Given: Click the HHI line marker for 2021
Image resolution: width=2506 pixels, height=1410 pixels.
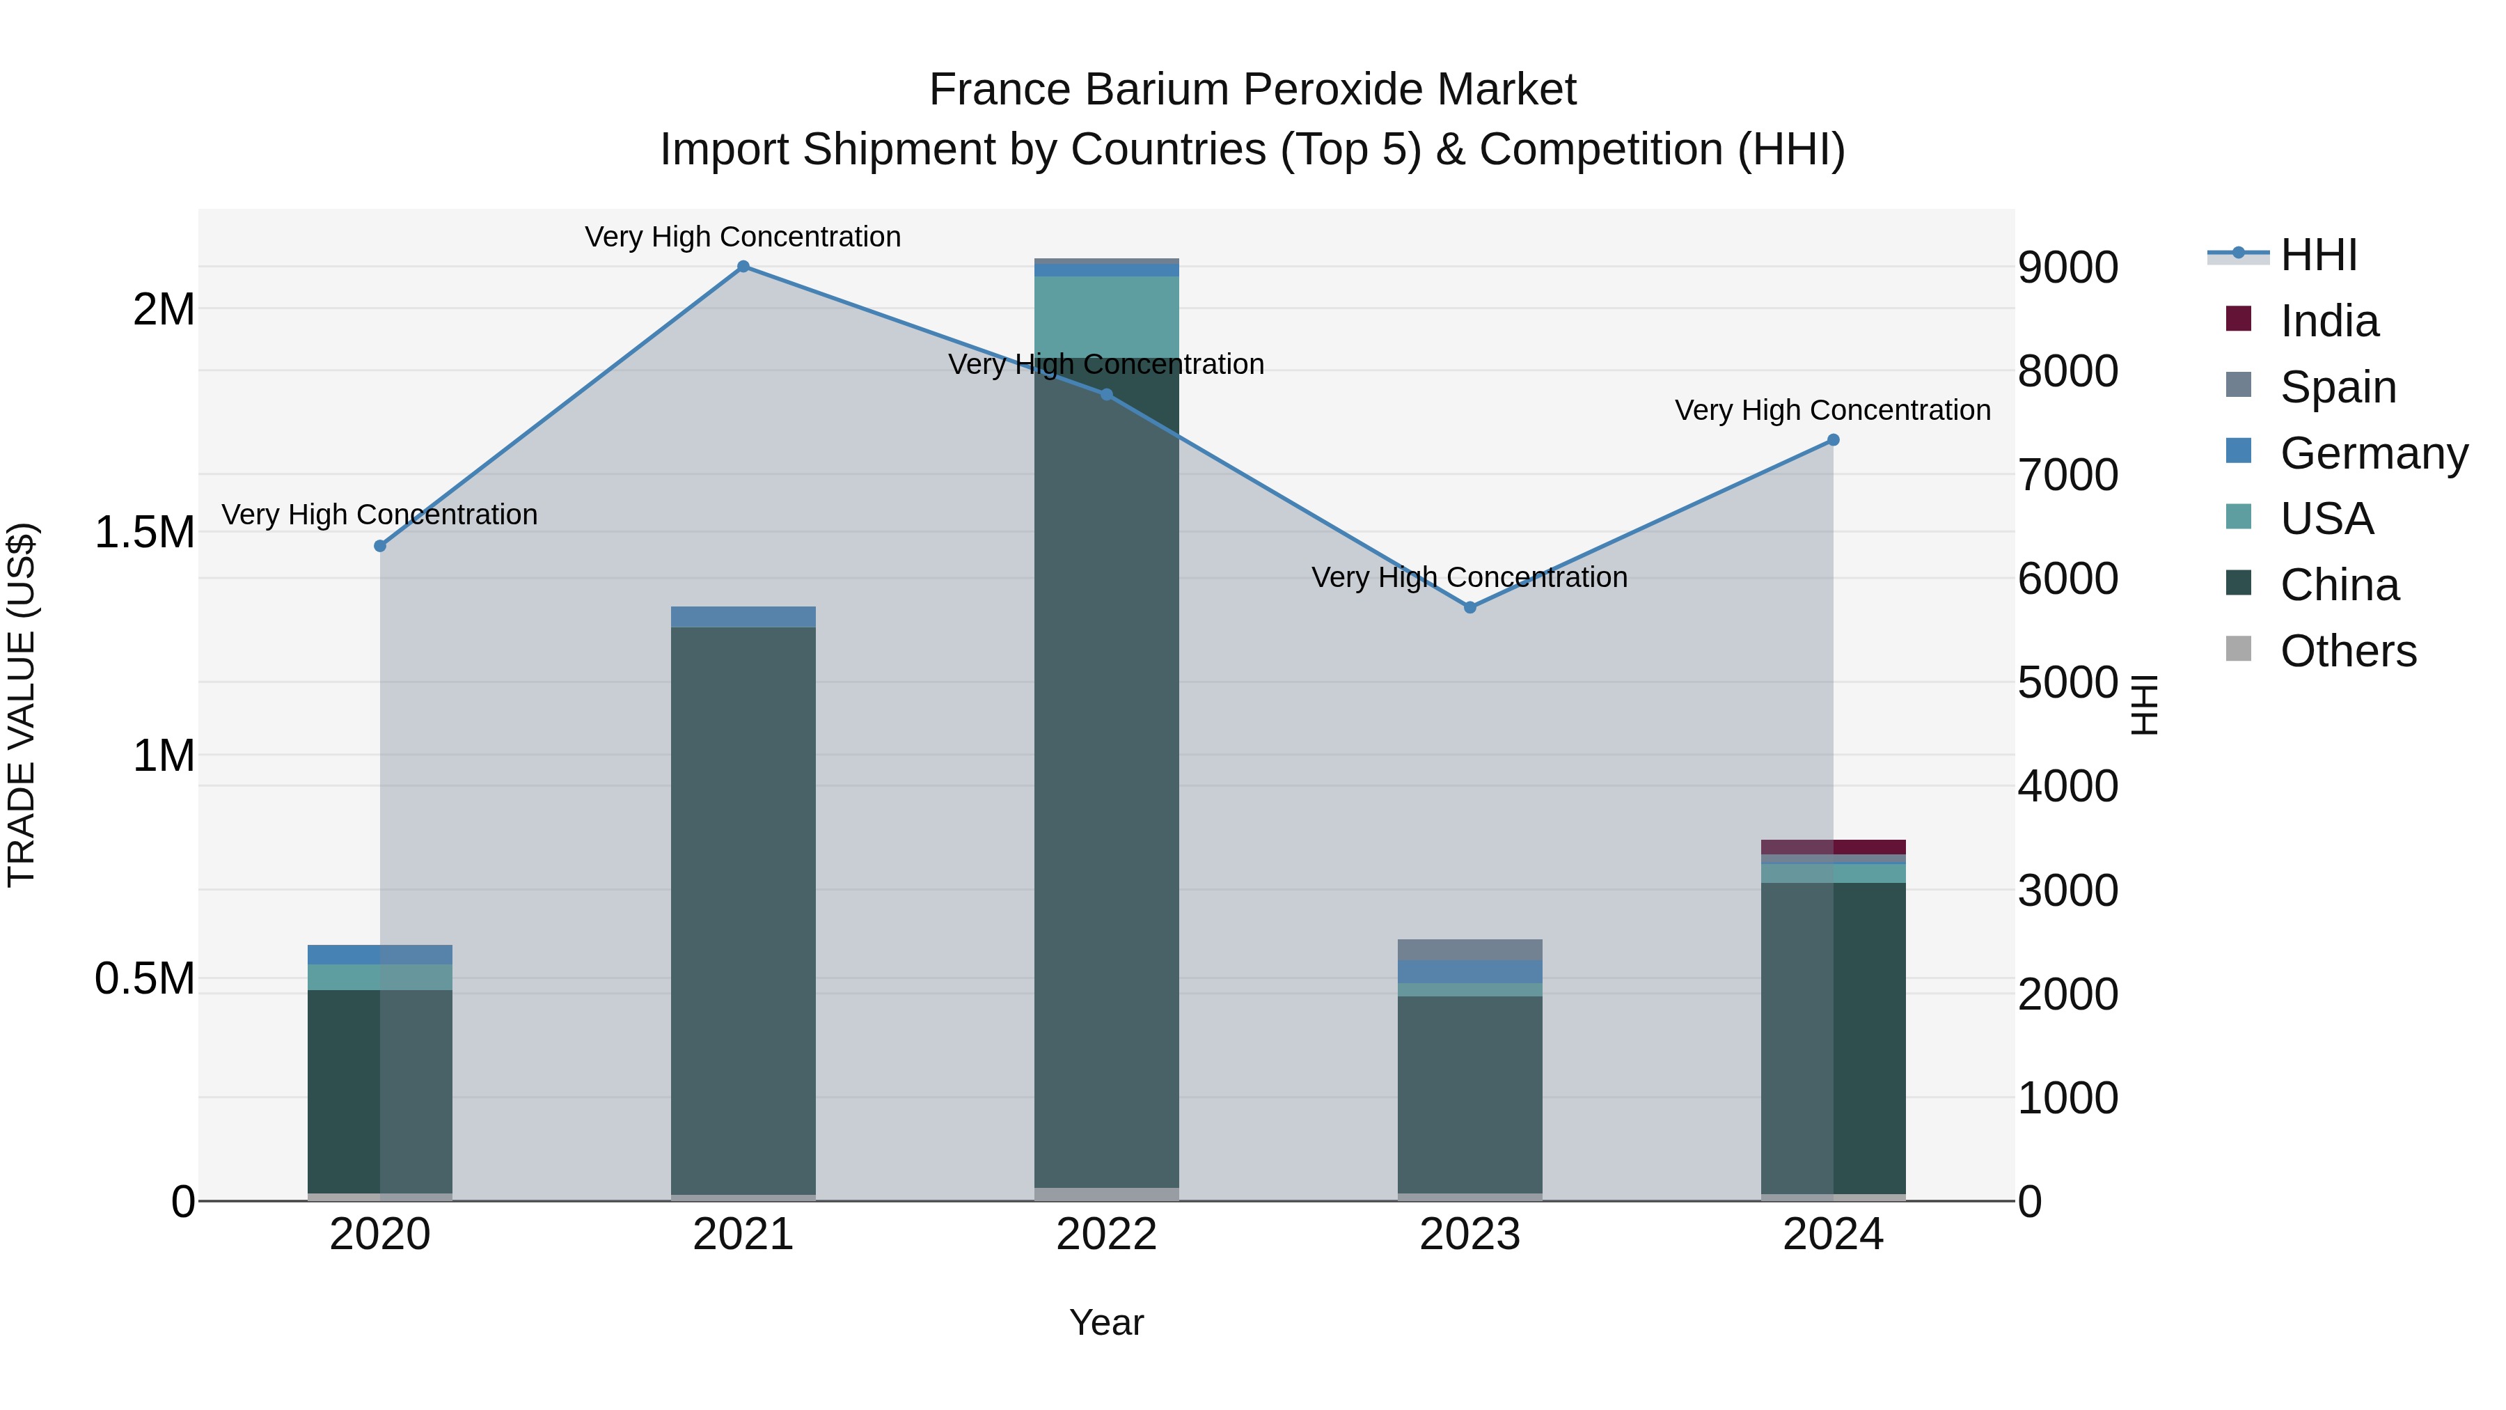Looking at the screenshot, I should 743,267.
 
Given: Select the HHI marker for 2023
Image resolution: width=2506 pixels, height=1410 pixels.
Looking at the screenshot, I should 1470,607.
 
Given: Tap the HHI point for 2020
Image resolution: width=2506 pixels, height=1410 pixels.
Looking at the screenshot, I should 380,546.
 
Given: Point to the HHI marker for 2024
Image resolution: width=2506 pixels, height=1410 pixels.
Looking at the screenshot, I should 1833,440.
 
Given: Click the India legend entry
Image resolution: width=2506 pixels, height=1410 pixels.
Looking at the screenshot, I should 2329,321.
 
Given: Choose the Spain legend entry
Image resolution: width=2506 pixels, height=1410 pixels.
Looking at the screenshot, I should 2338,387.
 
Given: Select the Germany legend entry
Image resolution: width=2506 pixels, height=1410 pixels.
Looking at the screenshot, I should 2374,453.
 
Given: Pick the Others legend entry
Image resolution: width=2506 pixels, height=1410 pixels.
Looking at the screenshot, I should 2347,651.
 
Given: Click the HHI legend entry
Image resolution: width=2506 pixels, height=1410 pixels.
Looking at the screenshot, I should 2318,255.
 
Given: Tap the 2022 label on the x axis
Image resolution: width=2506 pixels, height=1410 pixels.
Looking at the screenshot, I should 1106,1235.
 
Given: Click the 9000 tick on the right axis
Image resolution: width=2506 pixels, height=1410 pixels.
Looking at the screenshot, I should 2067,267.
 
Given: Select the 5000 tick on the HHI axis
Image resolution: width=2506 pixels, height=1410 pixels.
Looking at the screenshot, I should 2067,682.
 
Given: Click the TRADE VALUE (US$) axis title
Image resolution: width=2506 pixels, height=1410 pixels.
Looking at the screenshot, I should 22,705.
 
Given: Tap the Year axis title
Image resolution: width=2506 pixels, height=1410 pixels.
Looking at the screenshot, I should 1106,1322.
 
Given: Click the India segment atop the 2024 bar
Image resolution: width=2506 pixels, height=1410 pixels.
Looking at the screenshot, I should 1833,847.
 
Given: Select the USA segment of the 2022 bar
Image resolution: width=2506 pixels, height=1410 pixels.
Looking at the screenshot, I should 1106,316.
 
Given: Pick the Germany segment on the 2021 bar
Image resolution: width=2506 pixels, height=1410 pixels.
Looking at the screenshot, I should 743,617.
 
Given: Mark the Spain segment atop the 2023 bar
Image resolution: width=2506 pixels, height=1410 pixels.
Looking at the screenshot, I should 1470,950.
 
